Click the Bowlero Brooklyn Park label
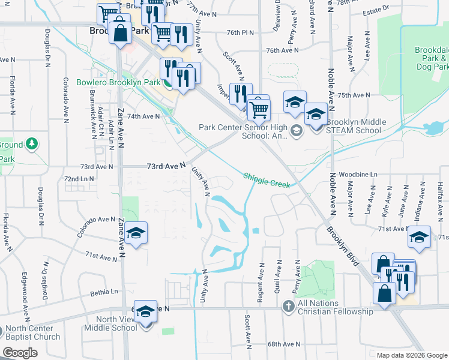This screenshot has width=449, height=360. (118, 82)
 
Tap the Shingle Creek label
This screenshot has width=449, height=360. (267, 180)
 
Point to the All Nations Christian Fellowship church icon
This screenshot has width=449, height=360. (288, 307)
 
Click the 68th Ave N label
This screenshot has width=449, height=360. (283, 344)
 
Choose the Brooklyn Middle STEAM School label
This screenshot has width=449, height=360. (352, 126)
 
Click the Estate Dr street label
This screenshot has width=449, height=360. (377, 9)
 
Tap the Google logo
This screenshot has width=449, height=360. (20, 353)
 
